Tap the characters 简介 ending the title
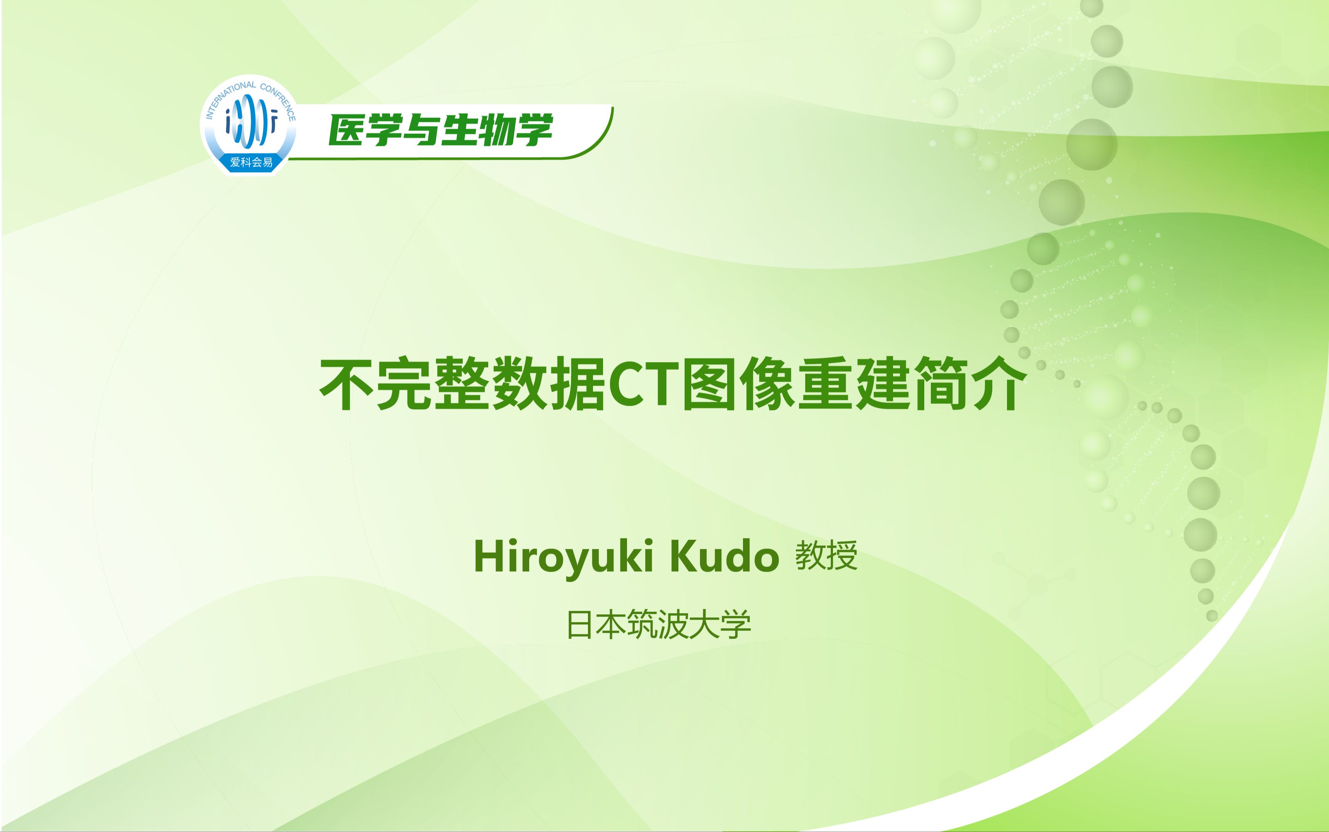[969, 384]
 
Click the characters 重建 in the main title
[854, 384]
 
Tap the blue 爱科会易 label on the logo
[251, 162]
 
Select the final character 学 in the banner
[533, 131]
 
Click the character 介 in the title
[998, 384]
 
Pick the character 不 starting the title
[347, 384]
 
